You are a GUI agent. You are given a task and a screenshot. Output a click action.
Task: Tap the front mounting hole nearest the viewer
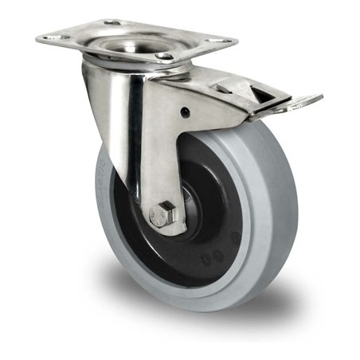click(166, 57)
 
